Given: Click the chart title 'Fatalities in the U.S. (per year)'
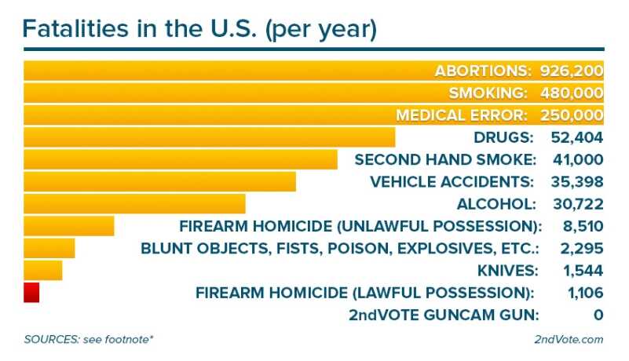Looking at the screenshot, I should point(200,29).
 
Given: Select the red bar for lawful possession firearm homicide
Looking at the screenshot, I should point(31,292).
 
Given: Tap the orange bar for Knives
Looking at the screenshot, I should point(43,270).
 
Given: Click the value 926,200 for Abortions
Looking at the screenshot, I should point(571,71).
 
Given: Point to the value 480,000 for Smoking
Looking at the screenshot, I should point(571,93).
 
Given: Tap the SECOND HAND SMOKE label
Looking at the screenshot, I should point(445,159).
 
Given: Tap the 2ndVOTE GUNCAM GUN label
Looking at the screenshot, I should point(444,315).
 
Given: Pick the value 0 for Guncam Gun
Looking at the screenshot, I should point(598,315).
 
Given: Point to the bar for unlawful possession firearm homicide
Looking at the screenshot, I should point(69,226).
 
